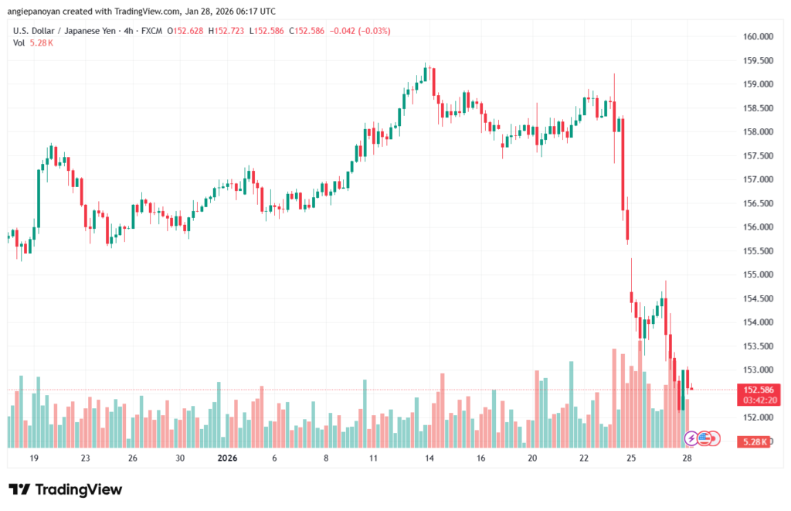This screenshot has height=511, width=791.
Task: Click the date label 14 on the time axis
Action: [427, 458]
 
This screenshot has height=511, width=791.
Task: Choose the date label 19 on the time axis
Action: [34, 458]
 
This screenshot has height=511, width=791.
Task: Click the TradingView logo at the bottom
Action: [66, 489]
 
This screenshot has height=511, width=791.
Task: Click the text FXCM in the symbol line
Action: [149, 31]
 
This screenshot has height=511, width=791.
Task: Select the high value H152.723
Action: [229, 31]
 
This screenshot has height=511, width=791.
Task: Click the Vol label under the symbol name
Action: [19, 43]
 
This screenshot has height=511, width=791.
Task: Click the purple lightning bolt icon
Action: [691, 438]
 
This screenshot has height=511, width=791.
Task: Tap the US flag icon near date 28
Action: [704, 438]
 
